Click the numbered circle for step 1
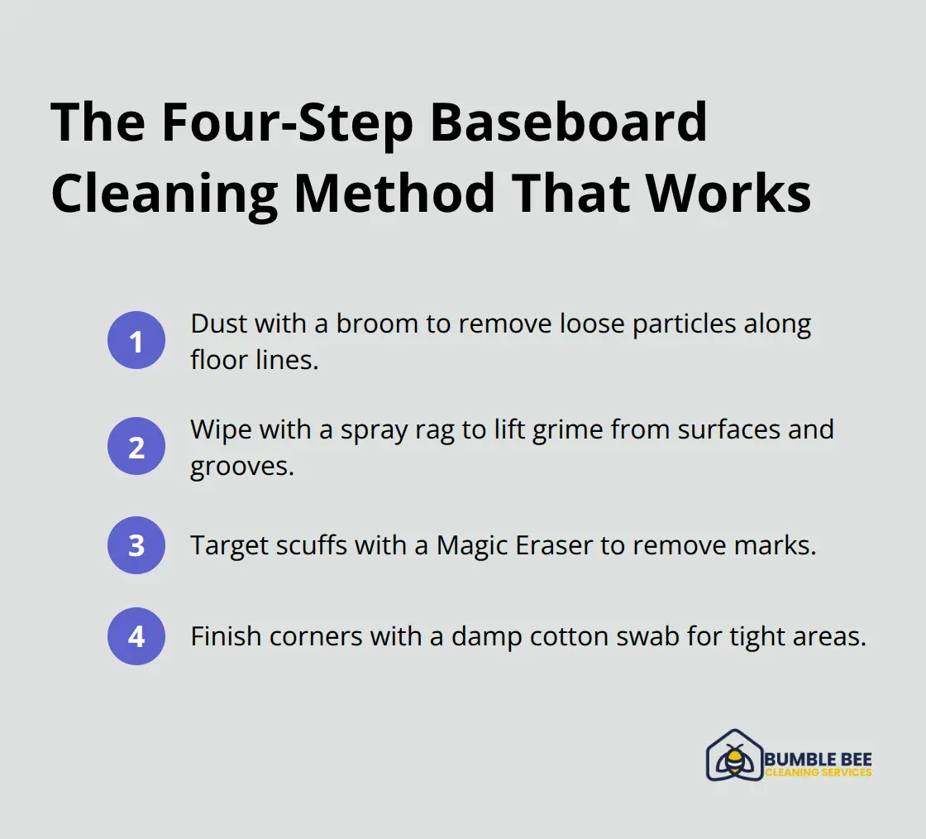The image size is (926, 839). (136, 341)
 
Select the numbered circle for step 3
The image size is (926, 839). (136, 544)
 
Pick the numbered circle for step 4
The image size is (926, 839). (136, 635)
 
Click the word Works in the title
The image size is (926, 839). (728, 194)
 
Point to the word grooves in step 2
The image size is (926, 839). (241, 467)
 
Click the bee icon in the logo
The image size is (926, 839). (733, 758)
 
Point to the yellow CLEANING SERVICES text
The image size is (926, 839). (819, 773)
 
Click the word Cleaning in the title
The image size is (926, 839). (164, 194)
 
